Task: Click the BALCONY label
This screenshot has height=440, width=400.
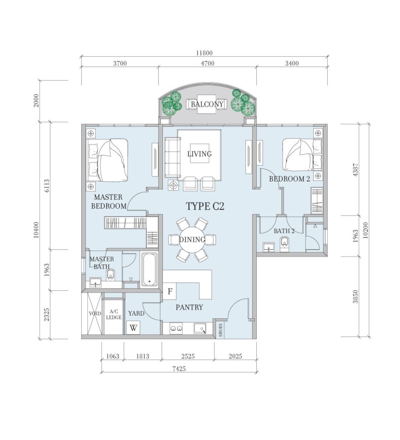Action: tap(207, 104)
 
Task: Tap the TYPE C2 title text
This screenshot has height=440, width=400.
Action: tap(205, 206)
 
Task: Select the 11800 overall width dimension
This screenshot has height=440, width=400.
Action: tap(204, 53)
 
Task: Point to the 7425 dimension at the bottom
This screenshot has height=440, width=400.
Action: tap(179, 369)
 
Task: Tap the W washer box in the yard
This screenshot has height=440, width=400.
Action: tap(133, 328)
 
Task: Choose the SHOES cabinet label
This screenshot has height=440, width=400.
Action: tap(221, 330)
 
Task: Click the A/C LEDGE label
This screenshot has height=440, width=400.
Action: tap(114, 314)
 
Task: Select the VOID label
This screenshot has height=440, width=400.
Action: tap(95, 314)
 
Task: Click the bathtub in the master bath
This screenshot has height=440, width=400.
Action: tap(149, 269)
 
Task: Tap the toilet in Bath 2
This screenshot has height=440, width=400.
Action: tap(284, 242)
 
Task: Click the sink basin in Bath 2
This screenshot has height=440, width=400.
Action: tap(269, 247)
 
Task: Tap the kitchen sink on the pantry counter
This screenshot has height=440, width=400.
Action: tap(200, 328)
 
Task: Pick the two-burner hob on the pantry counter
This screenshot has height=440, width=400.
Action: tap(176, 328)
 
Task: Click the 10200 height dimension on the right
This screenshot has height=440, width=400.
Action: tap(365, 230)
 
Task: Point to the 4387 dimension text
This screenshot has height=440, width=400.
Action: tap(355, 170)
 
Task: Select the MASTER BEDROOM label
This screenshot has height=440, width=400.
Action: tap(109, 202)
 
